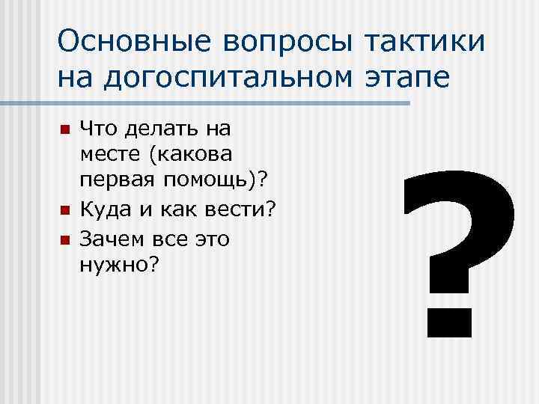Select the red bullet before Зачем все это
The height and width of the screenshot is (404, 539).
64,239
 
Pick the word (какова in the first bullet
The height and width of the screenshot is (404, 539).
192,156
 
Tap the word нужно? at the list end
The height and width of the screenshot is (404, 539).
118,266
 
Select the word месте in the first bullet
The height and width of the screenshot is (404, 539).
109,156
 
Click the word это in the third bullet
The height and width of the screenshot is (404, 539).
213,239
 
